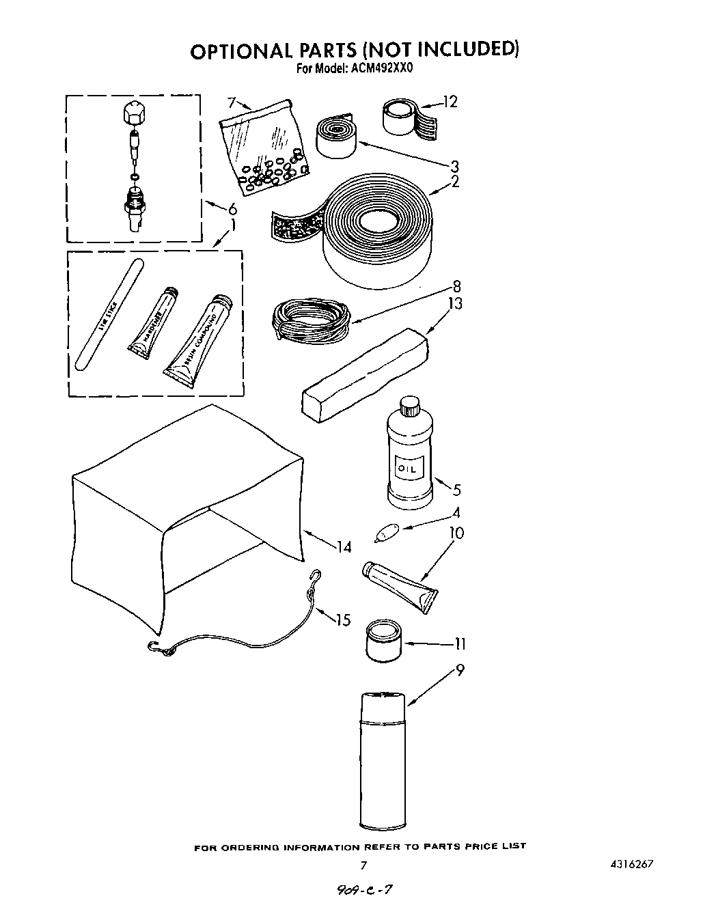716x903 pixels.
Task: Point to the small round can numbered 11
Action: pyautogui.click(x=384, y=641)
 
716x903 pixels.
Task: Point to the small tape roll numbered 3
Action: pyautogui.click(x=335, y=135)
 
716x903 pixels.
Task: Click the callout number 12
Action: pyautogui.click(x=450, y=102)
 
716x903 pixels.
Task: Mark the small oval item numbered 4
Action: pyautogui.click(x=387, y=531)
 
